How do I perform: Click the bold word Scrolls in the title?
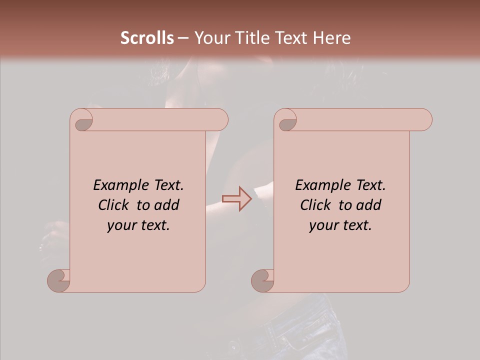[x=147, y=38]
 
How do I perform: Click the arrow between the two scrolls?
[x=236, y=198]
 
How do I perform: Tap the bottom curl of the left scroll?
[x=59, y=280]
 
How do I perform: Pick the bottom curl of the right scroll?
[x=262, y=280]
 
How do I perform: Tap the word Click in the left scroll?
[x=114, y=205]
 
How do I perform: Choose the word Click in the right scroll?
[x=316, y=205]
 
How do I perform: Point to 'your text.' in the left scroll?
[x=138, y=225]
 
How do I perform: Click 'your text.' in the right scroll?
[x=340, y=225]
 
